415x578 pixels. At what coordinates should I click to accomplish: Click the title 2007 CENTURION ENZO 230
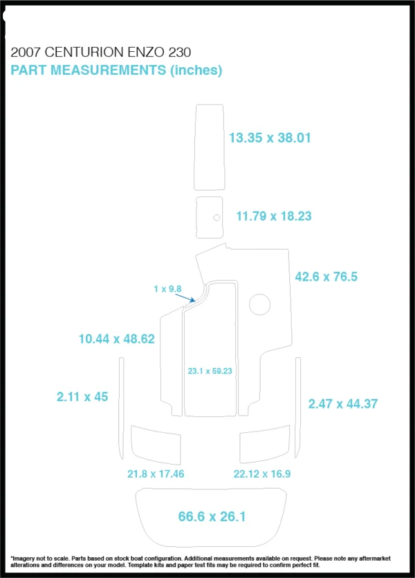(x=101, y=53)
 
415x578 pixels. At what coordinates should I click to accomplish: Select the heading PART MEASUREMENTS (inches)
(x=116, y=70)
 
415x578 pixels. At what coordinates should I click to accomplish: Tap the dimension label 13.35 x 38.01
(x=270, y=138)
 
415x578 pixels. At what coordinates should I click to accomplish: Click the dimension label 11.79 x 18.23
(x=274, y=216)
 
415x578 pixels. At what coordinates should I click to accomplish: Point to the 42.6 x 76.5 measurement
(x=326, y=277)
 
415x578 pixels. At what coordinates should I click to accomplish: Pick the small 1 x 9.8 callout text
(x=167, y=288)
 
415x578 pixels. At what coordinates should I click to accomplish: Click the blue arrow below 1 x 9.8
(x=185, y=298)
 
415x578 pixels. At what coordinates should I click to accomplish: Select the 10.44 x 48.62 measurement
(x=117, y=339)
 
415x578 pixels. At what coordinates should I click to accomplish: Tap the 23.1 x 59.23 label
(x=210, y=371)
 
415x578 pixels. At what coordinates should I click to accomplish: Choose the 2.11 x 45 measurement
(x=82, y=397)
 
